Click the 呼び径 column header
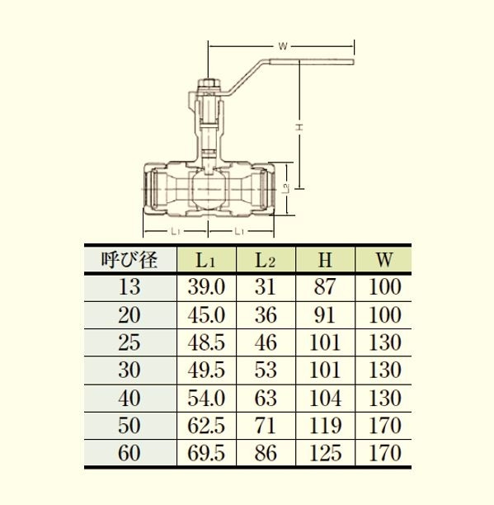129,260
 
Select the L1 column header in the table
205,260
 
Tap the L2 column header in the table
266,260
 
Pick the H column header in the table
325,260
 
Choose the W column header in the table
384,260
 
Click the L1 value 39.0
206,286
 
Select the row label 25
129,342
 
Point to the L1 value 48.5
206,342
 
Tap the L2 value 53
266,370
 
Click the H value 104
326,398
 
